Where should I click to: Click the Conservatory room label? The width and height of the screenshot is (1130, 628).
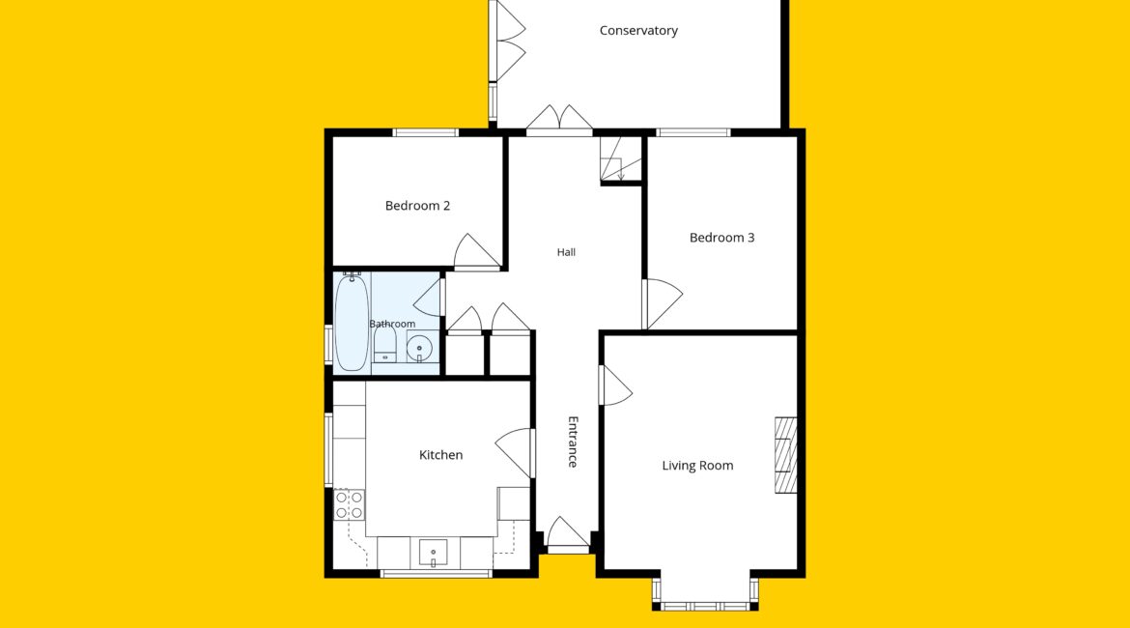638,30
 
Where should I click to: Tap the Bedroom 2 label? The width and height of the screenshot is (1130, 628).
417,206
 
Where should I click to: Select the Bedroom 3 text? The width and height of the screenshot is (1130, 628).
721,238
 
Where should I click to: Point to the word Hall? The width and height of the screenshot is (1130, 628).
566,252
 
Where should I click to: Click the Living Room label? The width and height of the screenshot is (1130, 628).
697,466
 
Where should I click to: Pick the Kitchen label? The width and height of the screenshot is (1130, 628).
440,455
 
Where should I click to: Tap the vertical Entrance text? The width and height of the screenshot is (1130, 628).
573,442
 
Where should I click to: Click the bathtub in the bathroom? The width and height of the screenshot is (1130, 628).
352,322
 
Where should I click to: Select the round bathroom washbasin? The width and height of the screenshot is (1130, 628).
419,350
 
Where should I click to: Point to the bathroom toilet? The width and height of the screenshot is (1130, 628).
384,348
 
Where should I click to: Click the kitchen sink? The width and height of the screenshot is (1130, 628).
433,553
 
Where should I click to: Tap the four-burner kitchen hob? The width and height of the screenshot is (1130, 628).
349,504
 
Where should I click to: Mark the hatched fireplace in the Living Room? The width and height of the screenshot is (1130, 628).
785,455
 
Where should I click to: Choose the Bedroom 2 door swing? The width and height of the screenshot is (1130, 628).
477,251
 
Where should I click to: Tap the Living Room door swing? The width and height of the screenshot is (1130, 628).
616,385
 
